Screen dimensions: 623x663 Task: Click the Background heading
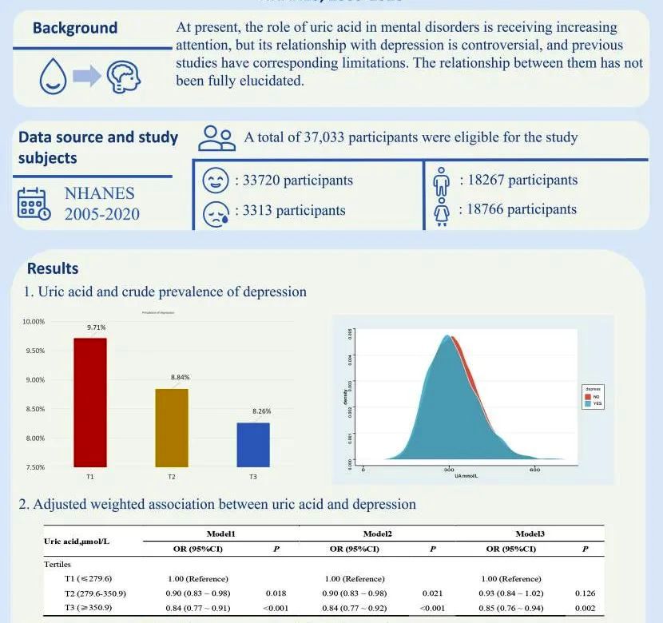(x=74, y=29)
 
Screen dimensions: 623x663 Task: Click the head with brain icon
(x=125, y=75)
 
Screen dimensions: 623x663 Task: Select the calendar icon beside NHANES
(x=34, y=204)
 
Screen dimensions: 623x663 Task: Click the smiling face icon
(x=215, y=181)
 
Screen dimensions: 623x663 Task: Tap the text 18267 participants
(x=518, y=181)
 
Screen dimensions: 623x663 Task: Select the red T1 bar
(x=89, y=402)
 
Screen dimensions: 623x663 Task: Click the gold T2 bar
(x=171, y=427)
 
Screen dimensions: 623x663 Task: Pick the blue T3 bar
(x=253, y=444)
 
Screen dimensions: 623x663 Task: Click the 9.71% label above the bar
(x=96, y=327)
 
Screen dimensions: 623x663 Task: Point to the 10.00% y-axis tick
(x=33, y=322)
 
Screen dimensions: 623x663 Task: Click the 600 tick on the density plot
(x=534, y=470)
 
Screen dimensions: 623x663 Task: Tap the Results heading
(x=53, y=268)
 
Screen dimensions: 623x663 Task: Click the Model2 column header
(x=377, y=533)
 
